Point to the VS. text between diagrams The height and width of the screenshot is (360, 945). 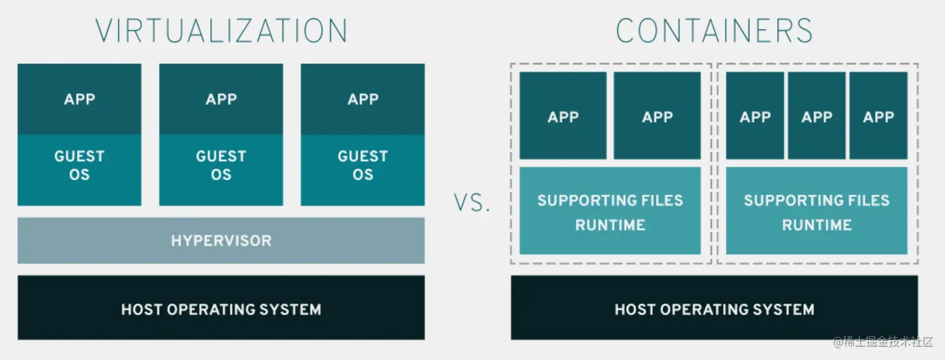pos(472,204)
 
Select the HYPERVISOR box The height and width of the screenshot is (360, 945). pos(221,241)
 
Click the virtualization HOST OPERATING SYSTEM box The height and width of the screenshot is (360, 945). pos(221,308)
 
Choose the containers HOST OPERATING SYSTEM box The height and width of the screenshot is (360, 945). pos(714,308)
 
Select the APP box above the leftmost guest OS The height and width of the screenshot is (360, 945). pos(79,99)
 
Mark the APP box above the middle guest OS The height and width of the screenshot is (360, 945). pos(221,99)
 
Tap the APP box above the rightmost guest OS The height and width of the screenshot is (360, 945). pos(362,99)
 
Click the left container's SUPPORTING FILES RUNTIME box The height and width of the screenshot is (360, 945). pos(609,211)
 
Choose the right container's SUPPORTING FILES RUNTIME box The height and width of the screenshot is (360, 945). pos(816,211)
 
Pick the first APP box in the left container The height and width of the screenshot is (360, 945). pos(562,116)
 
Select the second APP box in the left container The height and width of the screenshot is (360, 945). pos(657,116)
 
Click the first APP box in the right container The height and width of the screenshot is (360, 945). pos(755,116)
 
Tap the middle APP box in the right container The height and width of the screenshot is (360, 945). pos(816,116)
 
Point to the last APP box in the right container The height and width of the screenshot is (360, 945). pos(878,116)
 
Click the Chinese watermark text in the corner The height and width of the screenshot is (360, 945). pos(882,342)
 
